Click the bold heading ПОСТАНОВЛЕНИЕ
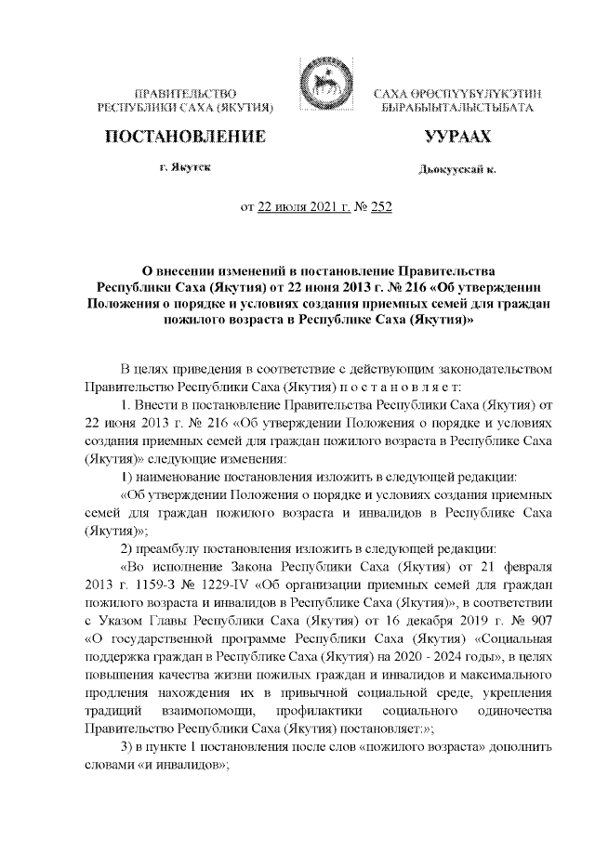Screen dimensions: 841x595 pyautogui.click(x=182, y=138)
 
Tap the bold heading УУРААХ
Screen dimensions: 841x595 pyautogui.click(x=456, y=138)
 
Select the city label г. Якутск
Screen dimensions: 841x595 pyautogui.click(x=183, y=169)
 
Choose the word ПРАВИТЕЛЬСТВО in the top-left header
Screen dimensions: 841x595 pyautogui.click(x=185, y=95)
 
